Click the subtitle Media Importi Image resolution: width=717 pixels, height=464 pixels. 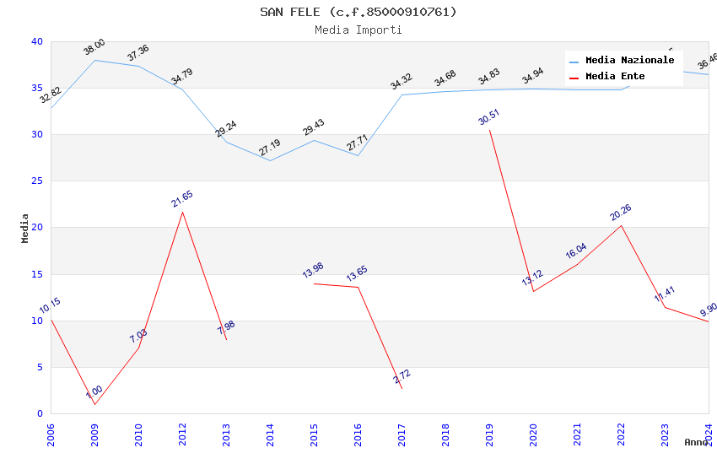[x=358, y=30]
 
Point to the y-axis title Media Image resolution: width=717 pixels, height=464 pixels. [x=24, y=228]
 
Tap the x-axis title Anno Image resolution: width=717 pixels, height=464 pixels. [x=696, y=442]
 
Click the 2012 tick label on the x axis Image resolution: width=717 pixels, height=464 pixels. [x=182, y=435]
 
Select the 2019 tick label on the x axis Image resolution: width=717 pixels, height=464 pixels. [x=489, y=435]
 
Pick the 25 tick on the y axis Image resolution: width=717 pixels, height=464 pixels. [x=36, y=181]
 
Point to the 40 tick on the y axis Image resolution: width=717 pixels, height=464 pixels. [x=36, y=42]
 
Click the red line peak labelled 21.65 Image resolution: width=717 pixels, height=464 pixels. [x=182, y=212]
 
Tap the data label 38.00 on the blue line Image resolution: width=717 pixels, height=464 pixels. [x=94, y=47]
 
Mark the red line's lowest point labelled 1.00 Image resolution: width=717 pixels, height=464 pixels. [x=94, y=404]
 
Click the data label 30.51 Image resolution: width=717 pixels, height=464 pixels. [x=489, y=117]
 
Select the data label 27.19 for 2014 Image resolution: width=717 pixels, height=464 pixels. [x=270, y=148]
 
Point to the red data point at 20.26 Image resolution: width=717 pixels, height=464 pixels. [x=621, y=225]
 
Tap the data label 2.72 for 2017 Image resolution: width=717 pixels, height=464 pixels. [x=402, y=376]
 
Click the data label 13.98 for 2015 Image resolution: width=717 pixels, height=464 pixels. [x=313, y=271]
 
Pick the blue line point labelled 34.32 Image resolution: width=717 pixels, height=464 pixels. [x=402, y=94]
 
